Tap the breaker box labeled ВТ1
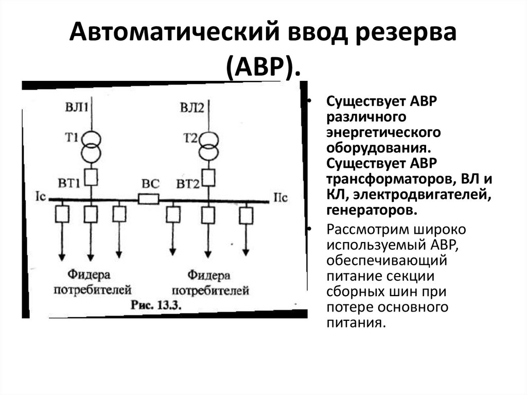tap(91, 178)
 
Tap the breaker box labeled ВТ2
tap(208, 178)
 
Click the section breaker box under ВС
tap(149, 199)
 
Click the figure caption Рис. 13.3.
tap(154, 304)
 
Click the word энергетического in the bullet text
tap(383, 132)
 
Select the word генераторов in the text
tap(370, 211)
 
